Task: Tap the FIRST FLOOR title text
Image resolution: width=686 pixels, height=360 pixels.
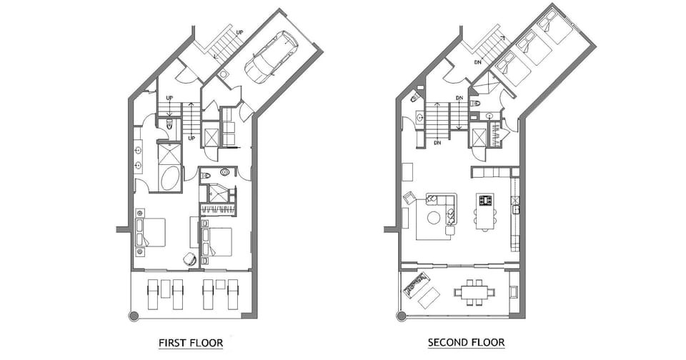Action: (x=190, y=343)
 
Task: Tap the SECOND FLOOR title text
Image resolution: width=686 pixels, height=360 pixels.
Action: (x=466, y=343)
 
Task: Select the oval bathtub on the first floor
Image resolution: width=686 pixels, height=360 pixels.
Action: (x=170, y=178)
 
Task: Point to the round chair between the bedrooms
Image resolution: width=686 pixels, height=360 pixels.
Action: (x=190, y=259)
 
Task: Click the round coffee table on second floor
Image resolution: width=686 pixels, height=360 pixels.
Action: (x=434, y=218)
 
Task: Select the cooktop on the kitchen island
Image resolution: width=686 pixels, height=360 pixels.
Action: (x=487, y=201)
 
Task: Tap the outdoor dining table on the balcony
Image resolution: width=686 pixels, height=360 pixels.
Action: (x=472, y=291)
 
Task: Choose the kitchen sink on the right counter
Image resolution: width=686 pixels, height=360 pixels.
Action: (x=514, y=209)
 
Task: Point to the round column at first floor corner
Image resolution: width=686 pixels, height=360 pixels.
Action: (x=133, y=315)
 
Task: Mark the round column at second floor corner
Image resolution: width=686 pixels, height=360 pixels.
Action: (x=402, y=315)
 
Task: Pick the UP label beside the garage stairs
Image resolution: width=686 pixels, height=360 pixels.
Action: (x=239, y=33)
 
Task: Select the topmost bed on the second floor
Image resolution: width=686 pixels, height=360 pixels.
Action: (x=555, y=29)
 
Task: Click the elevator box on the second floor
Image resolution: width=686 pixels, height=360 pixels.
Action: (x=478, y=137)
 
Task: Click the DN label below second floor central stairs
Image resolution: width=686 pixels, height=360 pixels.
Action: (x=436, y=143)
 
